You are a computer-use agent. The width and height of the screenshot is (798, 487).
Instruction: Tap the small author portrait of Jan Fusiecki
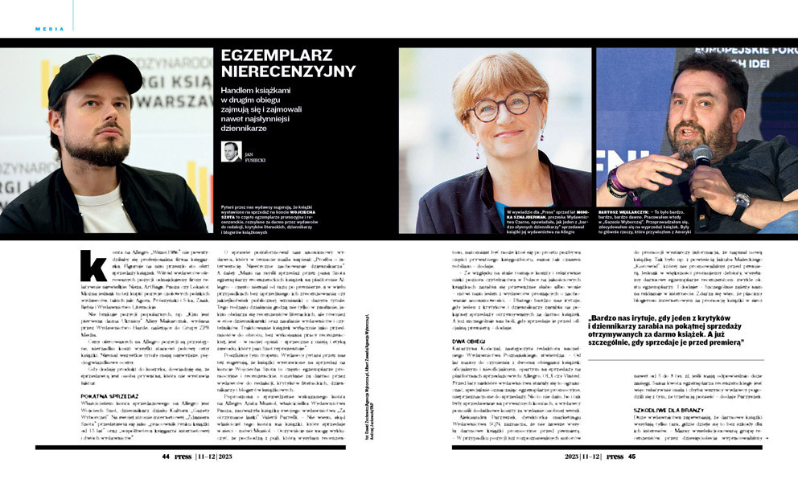(232, 151)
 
